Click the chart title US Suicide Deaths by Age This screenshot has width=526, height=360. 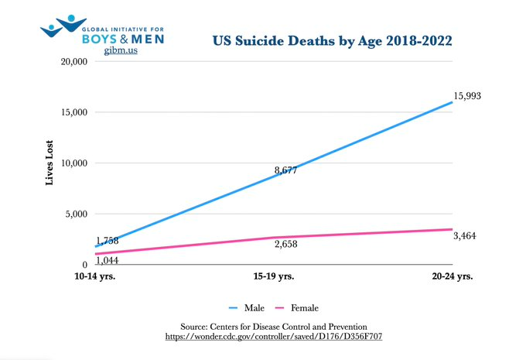pyautogui.click(x=333, y=40)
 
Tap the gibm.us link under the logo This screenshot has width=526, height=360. pyautogui.click(x=121, y=50)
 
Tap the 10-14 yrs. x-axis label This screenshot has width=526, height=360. pyautogui.click(x=94, y=276)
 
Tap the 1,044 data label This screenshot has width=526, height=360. pyautogui.click(x=103, y=260)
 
